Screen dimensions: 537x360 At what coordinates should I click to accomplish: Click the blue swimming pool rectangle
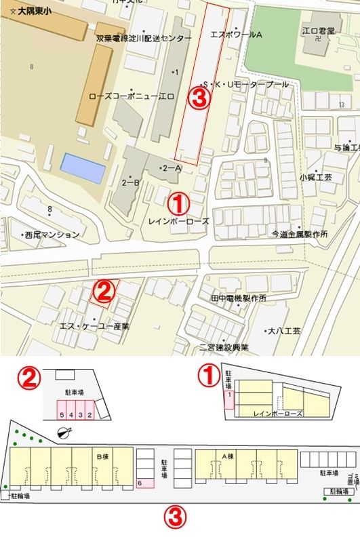(x=83, y=168)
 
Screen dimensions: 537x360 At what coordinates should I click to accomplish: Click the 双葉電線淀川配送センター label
(x=144, y=39)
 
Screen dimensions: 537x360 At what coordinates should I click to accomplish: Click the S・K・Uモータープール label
(x=252, y=84)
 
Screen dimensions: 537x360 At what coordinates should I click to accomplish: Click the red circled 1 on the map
(x=178, y=201)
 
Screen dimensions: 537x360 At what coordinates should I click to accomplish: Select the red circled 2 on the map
(x=102, y=292)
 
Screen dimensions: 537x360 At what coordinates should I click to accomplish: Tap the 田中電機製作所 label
(x=238, y=298)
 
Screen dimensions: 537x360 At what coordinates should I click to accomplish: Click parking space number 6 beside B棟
(x=140, y=482)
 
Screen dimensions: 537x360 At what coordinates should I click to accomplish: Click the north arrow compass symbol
(x=64, y=433)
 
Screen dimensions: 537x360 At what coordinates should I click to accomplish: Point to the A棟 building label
(x=228, y=456)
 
